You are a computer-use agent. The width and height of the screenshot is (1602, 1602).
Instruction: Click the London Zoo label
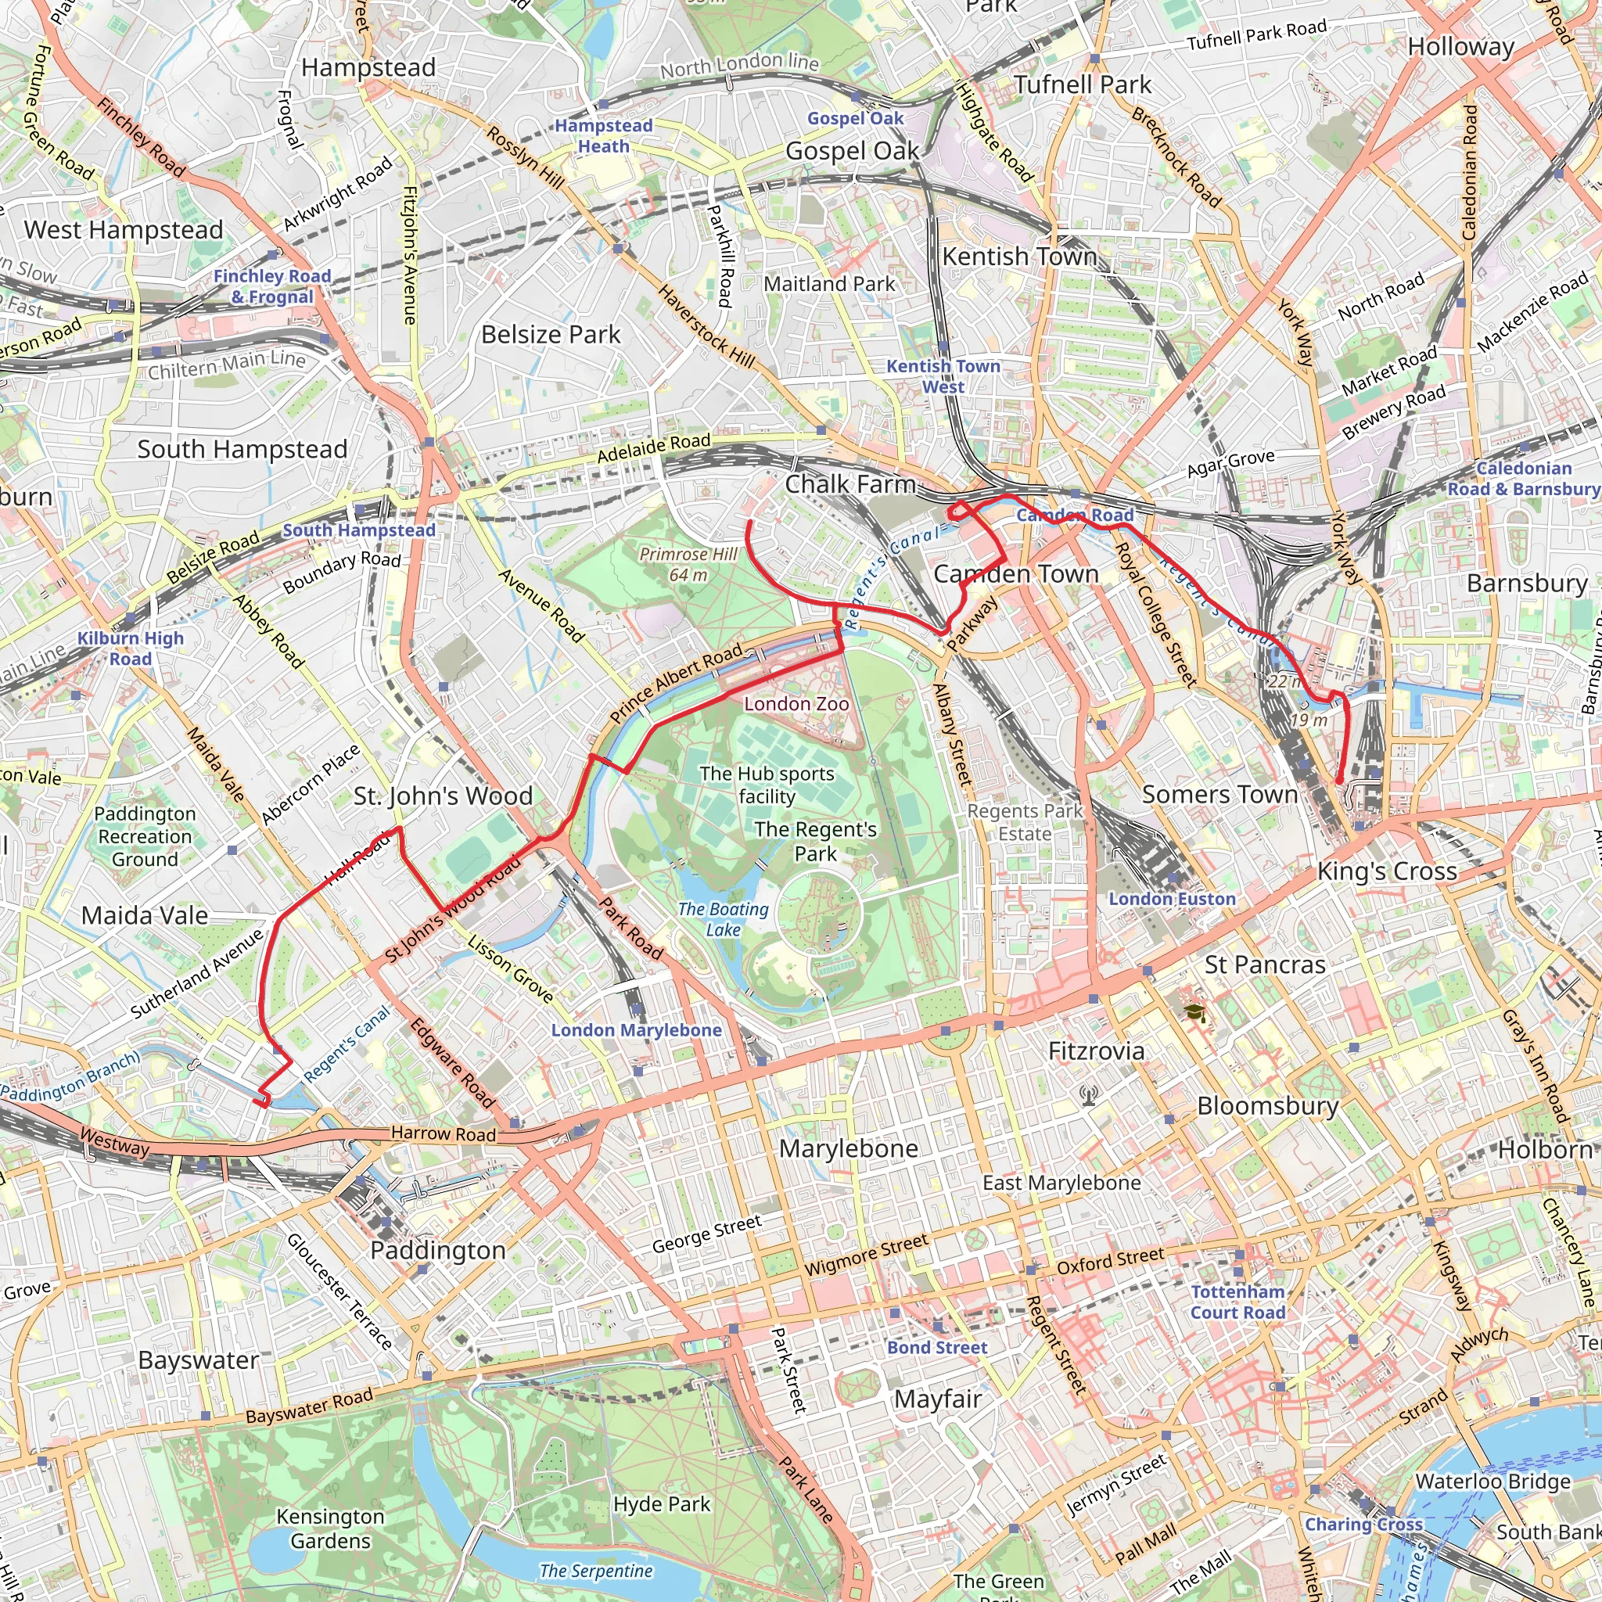click(796, 704)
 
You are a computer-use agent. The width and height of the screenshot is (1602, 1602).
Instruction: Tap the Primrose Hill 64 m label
click(688, 564)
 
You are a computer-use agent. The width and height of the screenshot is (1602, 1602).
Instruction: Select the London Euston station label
click(1172, 899)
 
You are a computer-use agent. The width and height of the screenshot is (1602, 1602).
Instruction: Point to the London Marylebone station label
click(636, 1030)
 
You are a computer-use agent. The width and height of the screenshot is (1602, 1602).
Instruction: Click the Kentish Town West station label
click(943, 375)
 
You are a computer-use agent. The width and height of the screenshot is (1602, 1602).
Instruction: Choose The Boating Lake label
click(723, 919)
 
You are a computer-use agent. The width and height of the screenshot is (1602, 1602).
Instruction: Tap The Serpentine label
click(595, 1571)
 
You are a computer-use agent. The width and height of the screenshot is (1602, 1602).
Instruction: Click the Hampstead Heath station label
click(603, 135)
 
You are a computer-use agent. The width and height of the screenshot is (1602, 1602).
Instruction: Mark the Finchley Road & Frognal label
click(271, 286)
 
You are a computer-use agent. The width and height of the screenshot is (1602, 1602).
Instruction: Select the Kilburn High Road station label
click(130, 648)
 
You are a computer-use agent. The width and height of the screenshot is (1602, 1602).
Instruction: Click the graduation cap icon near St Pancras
click(1194, 1012)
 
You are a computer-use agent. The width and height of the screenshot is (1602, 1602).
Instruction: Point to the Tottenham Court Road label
click(1237, 1302)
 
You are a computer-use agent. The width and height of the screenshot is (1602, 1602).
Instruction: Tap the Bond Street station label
click(937, 1348)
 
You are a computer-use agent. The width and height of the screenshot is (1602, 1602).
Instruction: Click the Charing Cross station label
click(1363, 1524)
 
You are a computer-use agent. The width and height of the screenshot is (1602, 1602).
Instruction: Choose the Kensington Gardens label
click(330, 1528)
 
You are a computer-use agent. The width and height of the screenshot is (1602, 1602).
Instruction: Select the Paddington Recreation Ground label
click(145, 836)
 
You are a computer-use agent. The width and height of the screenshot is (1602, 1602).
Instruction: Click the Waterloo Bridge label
click(1492, 1481)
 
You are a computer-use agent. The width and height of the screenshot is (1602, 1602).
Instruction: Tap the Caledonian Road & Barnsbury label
click(1523, 479)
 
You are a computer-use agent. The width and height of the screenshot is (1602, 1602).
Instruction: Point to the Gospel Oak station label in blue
click(855, 118)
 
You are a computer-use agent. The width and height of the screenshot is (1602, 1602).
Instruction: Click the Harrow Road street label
click(443, 1133)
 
